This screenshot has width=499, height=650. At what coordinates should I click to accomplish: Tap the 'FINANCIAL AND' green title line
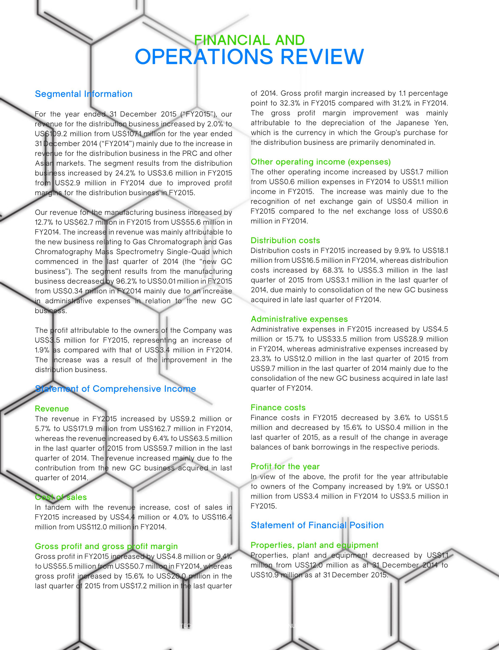tap(249, 40)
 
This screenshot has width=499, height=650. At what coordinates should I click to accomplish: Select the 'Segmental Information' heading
tap(83, 94)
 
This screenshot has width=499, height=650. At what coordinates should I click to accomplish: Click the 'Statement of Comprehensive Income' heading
tap(115, 389)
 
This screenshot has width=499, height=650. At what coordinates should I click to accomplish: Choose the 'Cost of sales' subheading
tap(61, 497)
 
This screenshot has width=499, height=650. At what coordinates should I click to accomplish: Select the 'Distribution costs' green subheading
tap(285, 240)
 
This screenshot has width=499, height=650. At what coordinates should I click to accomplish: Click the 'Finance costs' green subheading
tap(278, 407)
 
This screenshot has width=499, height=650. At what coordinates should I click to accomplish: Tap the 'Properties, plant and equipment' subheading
tap(314, 545)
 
